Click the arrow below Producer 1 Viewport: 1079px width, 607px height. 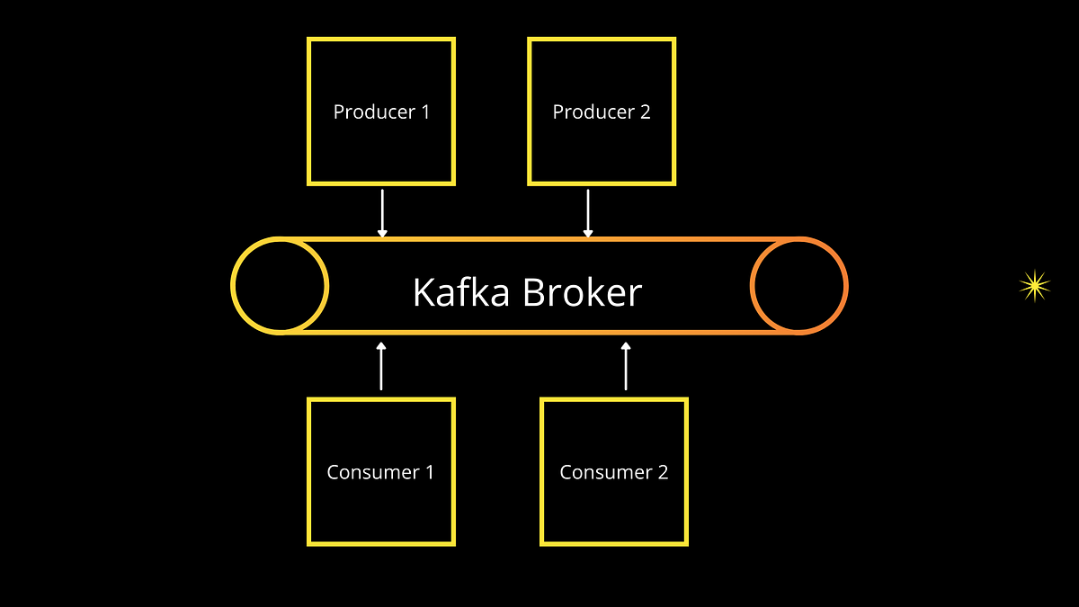point(382,212)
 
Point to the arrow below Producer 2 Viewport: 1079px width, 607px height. point(588,212)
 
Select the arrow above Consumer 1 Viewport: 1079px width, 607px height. point(381,366)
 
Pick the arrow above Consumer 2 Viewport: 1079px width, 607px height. point(626,366)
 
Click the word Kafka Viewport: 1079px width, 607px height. point(461,292)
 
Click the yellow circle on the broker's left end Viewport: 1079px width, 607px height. point(280,286)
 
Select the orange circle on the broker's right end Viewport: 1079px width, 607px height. point(798,286)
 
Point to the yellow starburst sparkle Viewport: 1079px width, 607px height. point(1034,286)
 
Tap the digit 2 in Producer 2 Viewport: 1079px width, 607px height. point(645,112)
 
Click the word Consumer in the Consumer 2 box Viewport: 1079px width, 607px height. point(602,472)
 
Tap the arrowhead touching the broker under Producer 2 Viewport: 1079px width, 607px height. point(588,233)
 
